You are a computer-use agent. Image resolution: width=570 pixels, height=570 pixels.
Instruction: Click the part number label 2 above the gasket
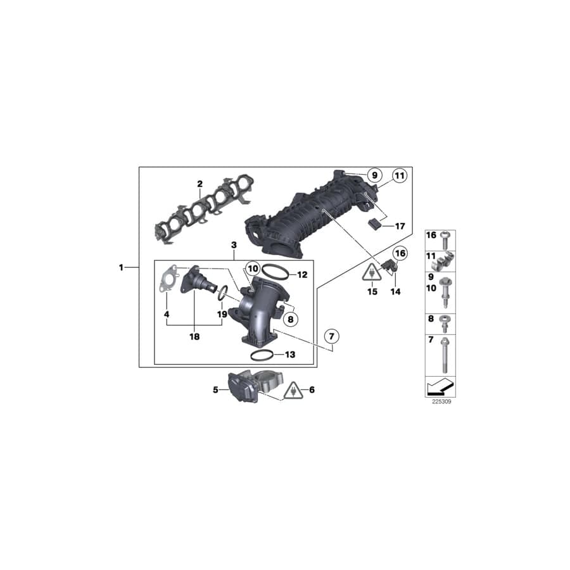coord(199,184)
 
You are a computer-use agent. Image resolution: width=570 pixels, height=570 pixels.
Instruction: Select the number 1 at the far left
coord(121,267)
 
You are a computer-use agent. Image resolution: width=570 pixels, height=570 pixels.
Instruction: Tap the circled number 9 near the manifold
coord(374,174)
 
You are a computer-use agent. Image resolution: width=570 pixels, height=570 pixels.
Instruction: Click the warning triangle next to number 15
coord(370,273)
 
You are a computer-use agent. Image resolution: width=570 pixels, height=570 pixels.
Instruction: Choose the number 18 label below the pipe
coord(194,337)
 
